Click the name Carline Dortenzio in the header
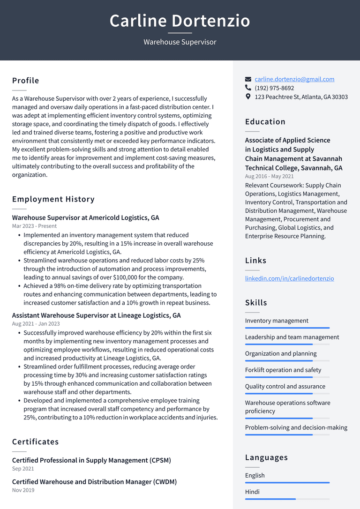click(x=180, y=21)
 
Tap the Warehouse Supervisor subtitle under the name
click(x=180, y=42)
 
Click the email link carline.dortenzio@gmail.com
click(x=294, y=79)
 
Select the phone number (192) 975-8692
click(x=274, y=88)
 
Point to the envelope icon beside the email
click(x=248, y=79)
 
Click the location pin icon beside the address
click(x=248, y=97)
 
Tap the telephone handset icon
click(x=248, y=88)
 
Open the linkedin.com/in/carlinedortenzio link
click(x=289, y=278)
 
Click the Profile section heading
click(x=26, y=81)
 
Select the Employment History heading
click(x=53, y=199)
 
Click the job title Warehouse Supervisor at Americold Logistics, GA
click(x=85, y=218)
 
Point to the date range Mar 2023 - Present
click(x=34, y=226)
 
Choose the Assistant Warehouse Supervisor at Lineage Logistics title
click(x=96, y=315)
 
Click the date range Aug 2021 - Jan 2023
click(x=36, y=324)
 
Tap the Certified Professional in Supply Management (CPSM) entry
click(x=91, y=460)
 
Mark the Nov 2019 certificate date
click(x=23, y=490)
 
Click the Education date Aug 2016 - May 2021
click(x=269, y=176)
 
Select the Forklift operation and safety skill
click(x=283, y=370)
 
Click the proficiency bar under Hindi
click(x=287, y=499)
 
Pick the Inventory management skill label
click(x=277, y=321)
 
